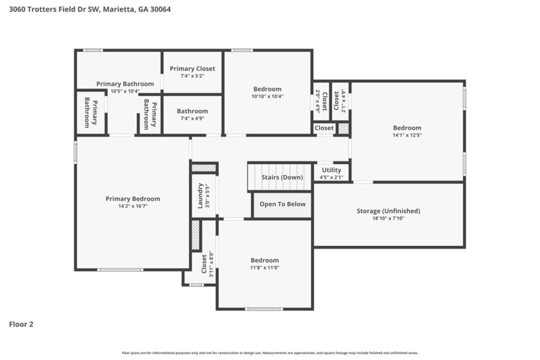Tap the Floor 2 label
pos(21,324)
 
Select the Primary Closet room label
pos(192,68)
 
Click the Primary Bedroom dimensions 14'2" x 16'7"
pos(132,206)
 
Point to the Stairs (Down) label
pos(282,178)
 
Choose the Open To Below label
pos(282,204)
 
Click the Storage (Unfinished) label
pos(388,211)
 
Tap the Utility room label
pos(331,170)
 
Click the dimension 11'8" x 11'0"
pos(265,268)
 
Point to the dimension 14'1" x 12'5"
pos(407,135)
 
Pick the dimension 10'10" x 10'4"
pos(267,96)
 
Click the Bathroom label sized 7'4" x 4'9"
pos(192,111)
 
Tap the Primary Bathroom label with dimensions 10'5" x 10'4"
pos(125,84)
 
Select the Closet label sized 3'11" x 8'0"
pos(204,263)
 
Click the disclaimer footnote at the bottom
pos(270,353)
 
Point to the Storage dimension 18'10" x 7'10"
pos(388,218)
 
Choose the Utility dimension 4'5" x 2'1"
pos(331,178)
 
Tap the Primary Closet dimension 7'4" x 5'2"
pos(192,76)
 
